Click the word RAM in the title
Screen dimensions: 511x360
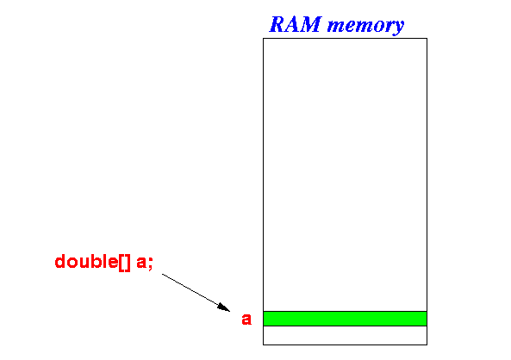[x=296, y=24]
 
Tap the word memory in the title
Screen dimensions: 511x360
[x=365, y=26]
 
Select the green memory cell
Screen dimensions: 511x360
[x=346, y=319]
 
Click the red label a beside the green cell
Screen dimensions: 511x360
[x=246, y=319]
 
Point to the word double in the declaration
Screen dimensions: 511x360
[x=86, y=261]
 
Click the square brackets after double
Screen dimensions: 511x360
[x=124, y=263]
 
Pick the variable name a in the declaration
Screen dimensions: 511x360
[x=141, y=263]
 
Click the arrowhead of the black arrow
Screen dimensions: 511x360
[x=224, y=307]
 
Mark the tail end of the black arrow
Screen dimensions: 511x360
[x=162, y=275]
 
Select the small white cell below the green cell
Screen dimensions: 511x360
[x=346, y=335]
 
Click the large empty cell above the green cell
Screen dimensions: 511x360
[x=346, y=175]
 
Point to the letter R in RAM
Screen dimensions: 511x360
[x=278, y=24]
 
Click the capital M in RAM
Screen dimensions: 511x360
[x=310, y=24]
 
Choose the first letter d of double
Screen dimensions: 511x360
[x=60, y=261]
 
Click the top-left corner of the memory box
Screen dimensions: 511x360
[x=264, y=39]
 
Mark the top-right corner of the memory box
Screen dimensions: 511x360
[x=427, y=39]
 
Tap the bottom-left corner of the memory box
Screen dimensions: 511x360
[x=264, y=344]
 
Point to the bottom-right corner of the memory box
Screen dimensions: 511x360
[x=427, y=344]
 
